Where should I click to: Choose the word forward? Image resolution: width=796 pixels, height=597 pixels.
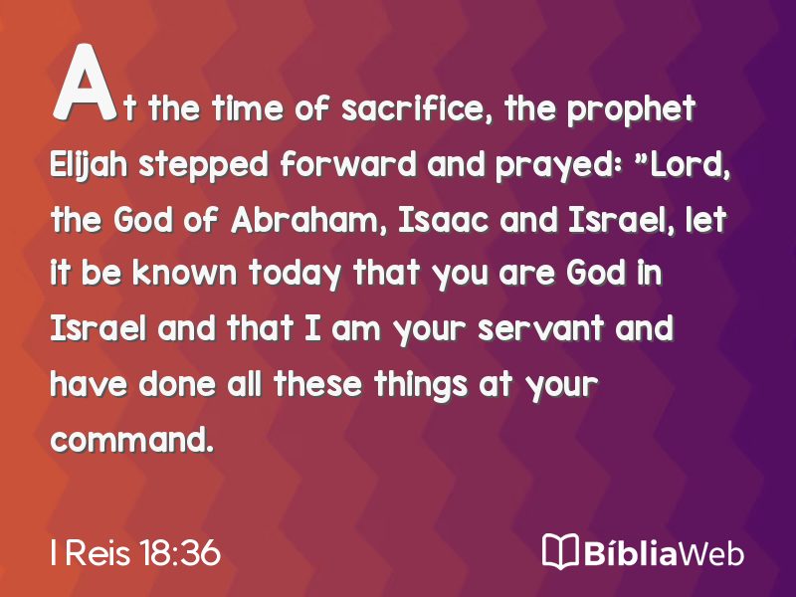point(348,164)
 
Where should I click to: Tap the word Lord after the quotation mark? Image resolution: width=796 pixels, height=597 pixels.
point(691,165)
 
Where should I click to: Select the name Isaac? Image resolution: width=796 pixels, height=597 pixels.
point(443,221)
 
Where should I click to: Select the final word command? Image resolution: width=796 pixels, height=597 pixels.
point(131,439)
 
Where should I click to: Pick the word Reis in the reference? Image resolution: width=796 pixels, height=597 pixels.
point(97,553)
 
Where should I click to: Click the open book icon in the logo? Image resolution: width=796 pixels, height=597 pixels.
point(560,551)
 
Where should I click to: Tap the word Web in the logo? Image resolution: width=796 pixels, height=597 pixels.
point(710,552)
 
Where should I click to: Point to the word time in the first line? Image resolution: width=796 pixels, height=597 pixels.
point(247,108)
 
